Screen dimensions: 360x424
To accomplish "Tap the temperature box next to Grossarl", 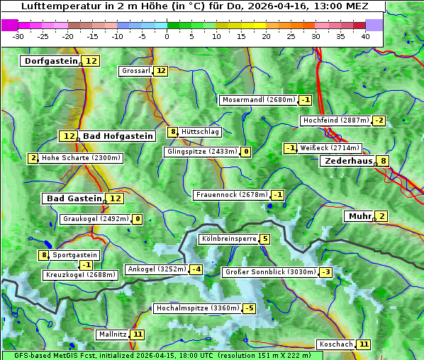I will coord(161,71).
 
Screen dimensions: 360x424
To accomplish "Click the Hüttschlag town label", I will coord(200,132).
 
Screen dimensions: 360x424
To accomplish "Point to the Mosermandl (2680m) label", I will coord(258,100).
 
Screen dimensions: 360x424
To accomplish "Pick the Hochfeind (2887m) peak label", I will coord(335,120).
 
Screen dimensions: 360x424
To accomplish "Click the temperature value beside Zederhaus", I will coord(383,161).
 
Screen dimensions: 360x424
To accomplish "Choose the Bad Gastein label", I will coord(74,198).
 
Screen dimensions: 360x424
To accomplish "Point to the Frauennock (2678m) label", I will coord(231,195).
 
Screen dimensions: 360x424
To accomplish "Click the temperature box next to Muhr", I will coord(381,216).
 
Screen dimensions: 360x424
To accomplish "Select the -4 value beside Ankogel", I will coord(196,269).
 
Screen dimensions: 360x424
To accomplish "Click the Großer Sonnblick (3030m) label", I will coord(269,272).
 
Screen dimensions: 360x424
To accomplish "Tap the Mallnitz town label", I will coord(112,334).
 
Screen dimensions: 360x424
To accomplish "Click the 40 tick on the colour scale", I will coord(365,35).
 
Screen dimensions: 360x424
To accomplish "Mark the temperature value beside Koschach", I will coord(363,344).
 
